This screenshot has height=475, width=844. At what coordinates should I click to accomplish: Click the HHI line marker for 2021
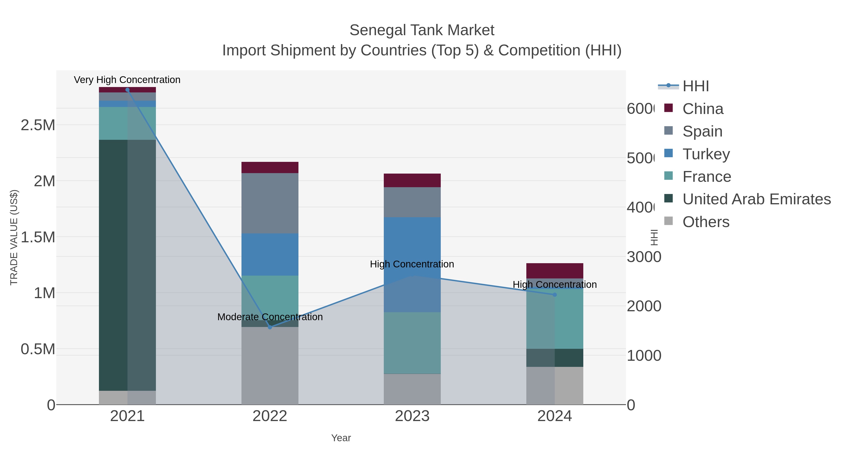click(x=128, y=90)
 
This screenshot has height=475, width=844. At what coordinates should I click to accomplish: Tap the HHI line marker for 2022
click(x=270, y=327)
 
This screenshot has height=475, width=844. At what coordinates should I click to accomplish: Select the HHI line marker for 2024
click(x=555, y=295)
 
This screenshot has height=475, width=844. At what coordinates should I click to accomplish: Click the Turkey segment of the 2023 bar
click(x=412, y=249)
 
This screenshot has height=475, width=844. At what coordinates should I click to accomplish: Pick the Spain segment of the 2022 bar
click(x=270, y=203)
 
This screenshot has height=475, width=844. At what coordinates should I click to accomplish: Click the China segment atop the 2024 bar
click(x=555, y=271)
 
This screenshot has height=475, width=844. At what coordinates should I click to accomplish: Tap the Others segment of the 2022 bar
click(x=270, y=365)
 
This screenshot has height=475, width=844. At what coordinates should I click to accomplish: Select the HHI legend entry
click(x=695, y=86)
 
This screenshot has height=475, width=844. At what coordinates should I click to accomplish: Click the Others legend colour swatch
click(x=668, y=221)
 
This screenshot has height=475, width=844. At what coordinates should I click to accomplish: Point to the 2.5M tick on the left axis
click(x=38, y=125)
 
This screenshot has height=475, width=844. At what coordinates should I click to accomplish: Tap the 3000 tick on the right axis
click(x=644, y=257)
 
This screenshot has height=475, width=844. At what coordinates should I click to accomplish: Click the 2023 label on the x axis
click(x=412, y=416)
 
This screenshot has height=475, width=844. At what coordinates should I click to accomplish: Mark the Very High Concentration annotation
click(x=127, y=80)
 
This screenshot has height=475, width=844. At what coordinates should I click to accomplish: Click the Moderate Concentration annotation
click(x=270, y=317)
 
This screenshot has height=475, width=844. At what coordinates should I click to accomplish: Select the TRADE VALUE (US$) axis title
click(x=14, y=237)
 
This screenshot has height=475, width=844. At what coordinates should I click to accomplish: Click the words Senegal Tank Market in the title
click(x=422, y=30)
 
